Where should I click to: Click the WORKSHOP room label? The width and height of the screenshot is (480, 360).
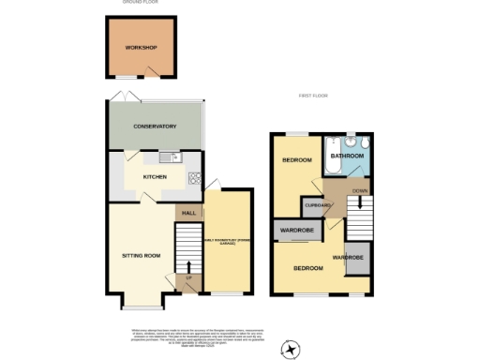coord(142,48)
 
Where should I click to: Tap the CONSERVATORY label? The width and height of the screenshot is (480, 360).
coord(155,127)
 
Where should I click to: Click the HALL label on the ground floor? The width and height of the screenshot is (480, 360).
coord(187,215)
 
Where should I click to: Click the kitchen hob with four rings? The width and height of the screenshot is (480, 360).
coord(195,177)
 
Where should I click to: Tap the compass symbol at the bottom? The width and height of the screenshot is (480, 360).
coord(292,348)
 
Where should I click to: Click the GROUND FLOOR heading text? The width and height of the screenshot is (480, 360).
coord(141,3)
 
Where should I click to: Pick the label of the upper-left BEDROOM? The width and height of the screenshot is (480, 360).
coord(297,160)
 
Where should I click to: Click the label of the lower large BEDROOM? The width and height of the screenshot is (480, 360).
coord(308,269)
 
